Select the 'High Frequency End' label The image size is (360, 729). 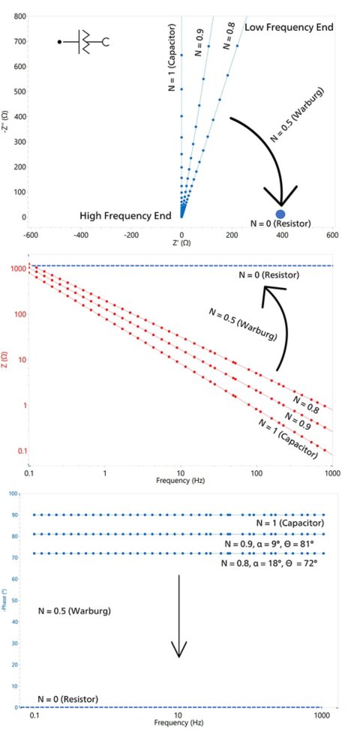click(126, 216)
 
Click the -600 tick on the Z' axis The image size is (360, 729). click(31, 233)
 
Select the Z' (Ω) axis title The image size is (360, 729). click(180, 243)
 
